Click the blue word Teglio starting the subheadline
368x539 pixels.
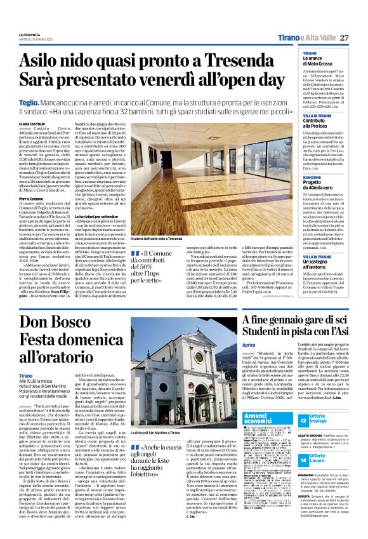[x=27, y=101]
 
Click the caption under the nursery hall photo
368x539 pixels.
[x=166, y=238]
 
